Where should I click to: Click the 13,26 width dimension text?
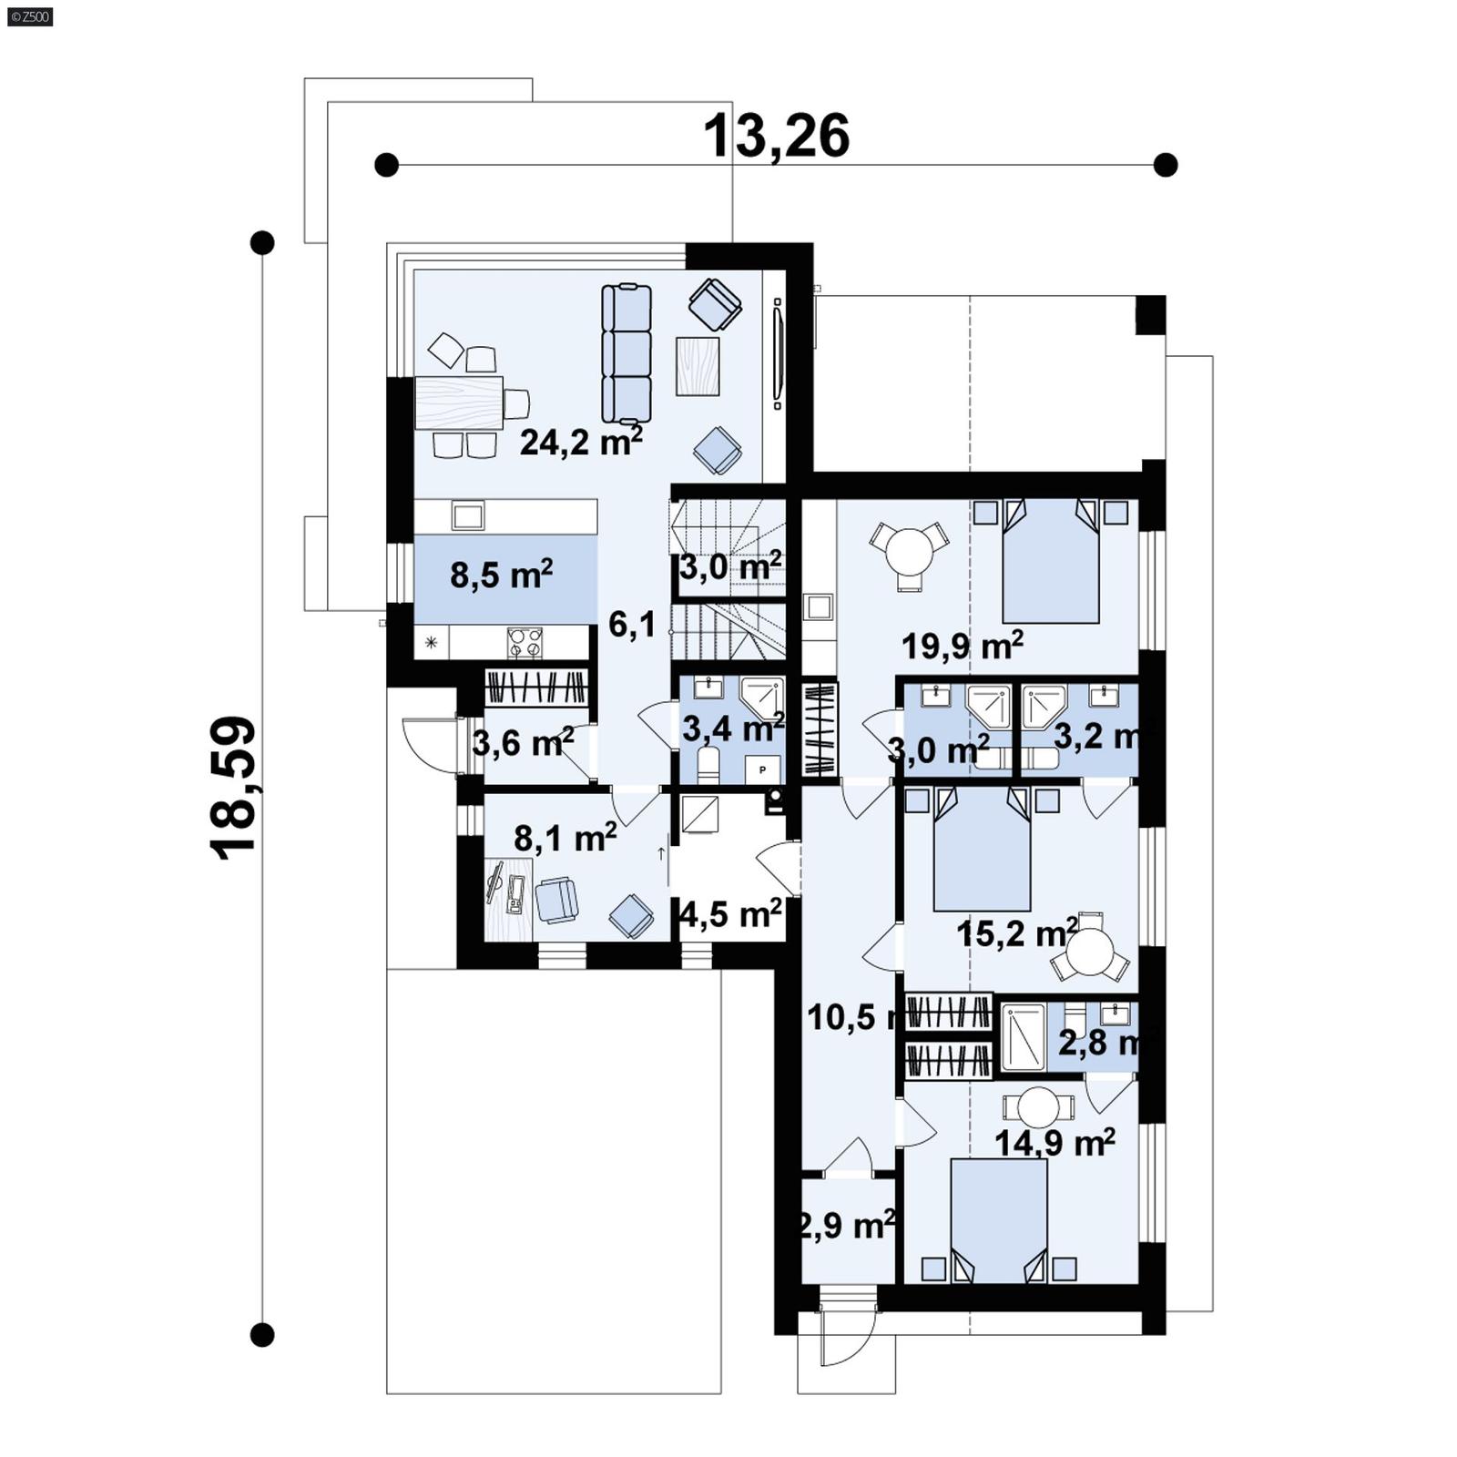[x=776, y=137]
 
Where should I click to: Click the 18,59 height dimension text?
[x=233, y=788]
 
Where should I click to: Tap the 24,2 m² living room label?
[x=581, y=442]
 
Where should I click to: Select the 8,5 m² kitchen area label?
[x=501, y=575]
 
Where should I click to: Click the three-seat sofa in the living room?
[x=627, y=353]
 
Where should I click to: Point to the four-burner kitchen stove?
[x=525, y=643]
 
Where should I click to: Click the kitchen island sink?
[x=468, y=516]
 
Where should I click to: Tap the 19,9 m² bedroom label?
[x=962, y=646]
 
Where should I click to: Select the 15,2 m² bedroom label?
[x=1016, y=933]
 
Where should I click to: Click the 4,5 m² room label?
[x=730, y=913]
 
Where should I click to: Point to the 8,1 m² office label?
[x=565, y=837]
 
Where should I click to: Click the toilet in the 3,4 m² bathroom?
[x=707, y=764]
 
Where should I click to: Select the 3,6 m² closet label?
[x=523, y=743]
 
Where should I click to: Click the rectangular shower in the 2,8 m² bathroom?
[x=1024, y=1037]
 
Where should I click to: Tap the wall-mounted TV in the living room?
[x=778, y=353]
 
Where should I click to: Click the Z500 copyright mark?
[x=29, y=15]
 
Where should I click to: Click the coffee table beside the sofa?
[x=698, y=366]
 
